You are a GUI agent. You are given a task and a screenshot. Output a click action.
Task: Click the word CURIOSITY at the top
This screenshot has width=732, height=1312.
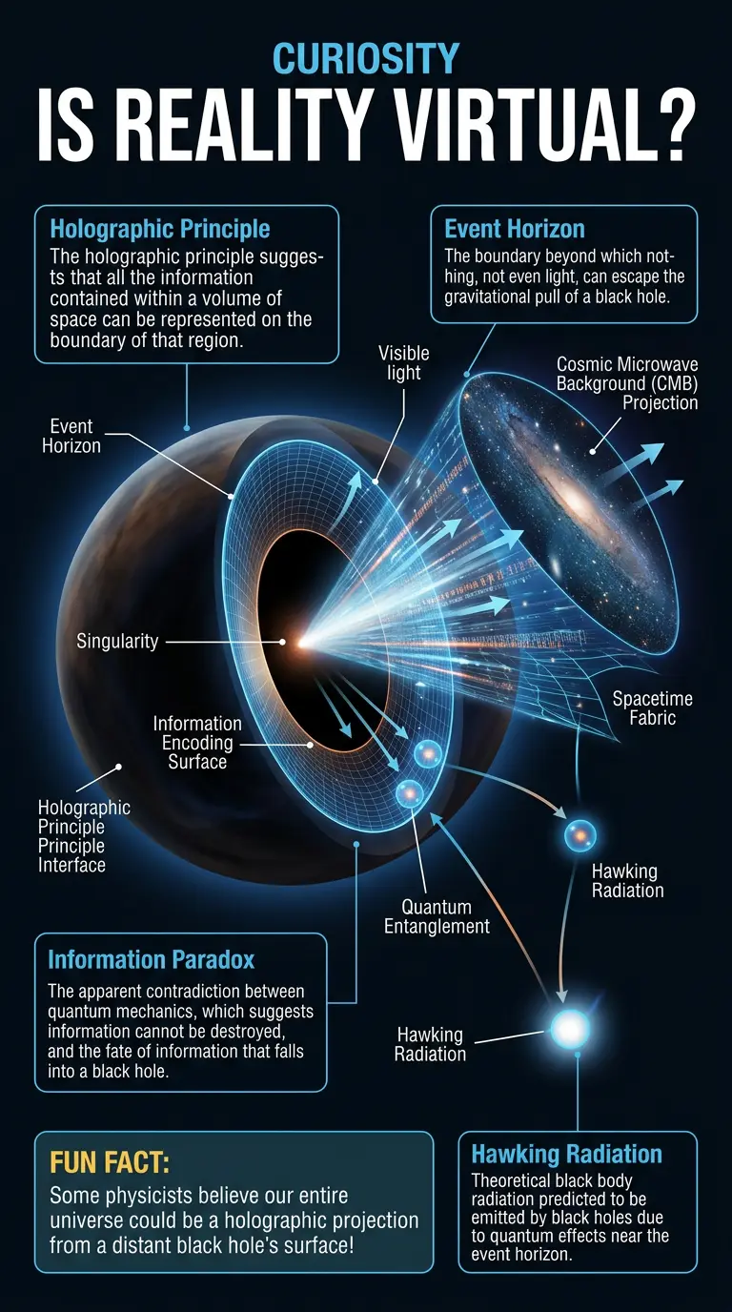tap(366, 58)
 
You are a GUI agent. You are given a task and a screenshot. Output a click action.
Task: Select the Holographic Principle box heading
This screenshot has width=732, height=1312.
tap(159, 229)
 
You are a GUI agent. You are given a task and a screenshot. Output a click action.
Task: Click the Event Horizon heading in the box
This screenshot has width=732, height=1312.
tap(515, 229)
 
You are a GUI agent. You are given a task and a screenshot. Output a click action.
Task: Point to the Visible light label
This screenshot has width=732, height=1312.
tap(404, 362)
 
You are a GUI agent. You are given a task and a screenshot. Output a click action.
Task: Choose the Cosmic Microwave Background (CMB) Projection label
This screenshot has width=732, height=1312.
tap(627, 383)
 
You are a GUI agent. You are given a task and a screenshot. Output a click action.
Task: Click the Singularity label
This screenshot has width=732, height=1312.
tap(117, 641)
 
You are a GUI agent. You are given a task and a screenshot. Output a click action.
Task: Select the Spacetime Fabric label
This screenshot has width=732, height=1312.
tap(652, 708)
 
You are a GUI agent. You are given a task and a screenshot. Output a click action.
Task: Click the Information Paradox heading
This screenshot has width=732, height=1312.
tap(152, 958)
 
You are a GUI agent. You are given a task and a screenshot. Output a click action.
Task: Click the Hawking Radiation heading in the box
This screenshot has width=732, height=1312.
tap(566, 1155)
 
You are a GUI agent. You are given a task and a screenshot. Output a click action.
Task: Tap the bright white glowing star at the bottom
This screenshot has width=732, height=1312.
tap(571, 1027)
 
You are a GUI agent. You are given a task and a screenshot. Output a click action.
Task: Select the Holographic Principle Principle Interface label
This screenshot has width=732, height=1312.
tap(85, 836)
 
